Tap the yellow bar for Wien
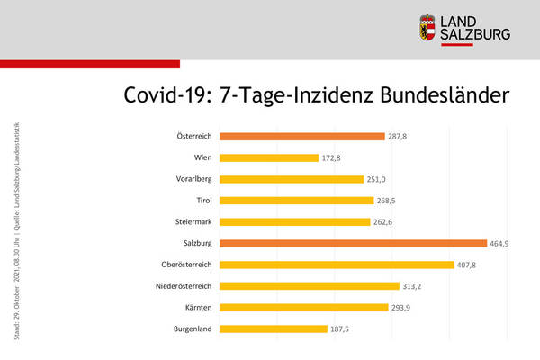268,157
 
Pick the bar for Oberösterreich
337,265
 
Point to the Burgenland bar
273,328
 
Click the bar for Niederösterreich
309,286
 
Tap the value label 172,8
333,157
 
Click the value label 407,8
468,265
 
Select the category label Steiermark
193,221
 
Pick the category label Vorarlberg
193,179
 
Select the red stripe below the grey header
90,64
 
